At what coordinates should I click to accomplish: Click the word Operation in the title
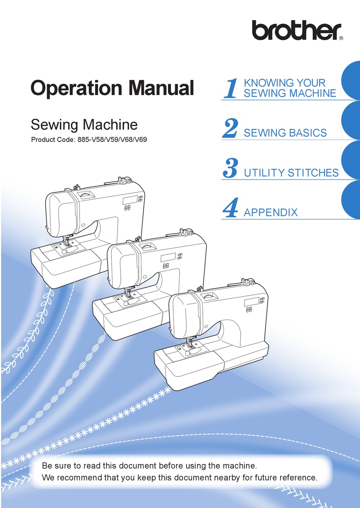coord(76,88)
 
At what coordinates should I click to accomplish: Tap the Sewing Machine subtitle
coord(84,125)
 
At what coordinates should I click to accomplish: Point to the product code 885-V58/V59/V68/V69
coord(112,139)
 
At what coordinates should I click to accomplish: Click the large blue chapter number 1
coord(230,88)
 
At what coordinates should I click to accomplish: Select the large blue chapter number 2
coord(230,128)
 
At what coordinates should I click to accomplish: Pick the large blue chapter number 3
coord(230,168)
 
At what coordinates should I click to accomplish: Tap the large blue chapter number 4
coord(230,208)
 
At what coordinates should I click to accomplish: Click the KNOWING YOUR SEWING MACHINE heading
coord(290,88)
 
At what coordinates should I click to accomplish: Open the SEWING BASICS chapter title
coord(285,133)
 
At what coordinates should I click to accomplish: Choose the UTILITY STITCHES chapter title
coord(291,173)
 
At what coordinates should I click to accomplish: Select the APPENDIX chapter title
coord(271,213)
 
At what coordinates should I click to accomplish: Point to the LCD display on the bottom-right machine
coord(252,302)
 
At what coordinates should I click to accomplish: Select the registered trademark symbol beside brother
coord(341,38)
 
